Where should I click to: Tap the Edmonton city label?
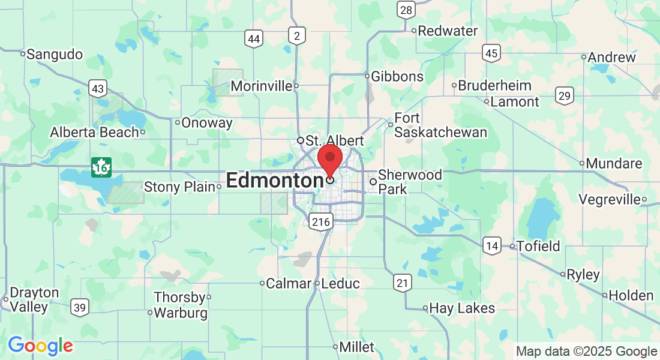(275, 181)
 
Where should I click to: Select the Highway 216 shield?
(322, 222)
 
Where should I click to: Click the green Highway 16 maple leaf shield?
(101, 167)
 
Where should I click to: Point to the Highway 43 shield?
(98, 89)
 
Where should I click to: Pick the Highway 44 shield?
(254, 40)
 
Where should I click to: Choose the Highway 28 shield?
(406, 10)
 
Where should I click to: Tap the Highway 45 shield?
(492, 53)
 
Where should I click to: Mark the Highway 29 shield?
(564, 95)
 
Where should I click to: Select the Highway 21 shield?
(403, 283)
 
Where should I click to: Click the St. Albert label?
(334, 140)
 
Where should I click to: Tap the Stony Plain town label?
(179, 187)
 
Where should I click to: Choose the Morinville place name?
(261, 86)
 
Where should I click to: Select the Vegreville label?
(609, 199)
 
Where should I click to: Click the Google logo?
(40, 346)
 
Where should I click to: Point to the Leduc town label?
(340, 283)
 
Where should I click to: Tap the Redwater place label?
(448, 31)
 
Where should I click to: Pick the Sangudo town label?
(55, 55)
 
